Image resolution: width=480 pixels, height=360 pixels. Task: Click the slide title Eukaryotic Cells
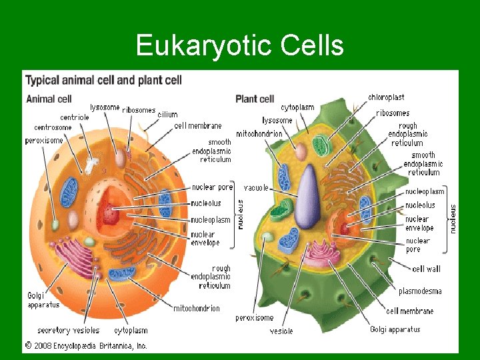tap(239, 46)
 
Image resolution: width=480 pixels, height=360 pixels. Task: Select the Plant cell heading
tap(255, 99)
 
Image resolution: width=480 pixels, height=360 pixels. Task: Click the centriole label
tap(74, 117)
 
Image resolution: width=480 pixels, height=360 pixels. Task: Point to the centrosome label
tap(53, 127)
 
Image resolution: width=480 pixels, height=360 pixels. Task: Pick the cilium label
tap(167, 115)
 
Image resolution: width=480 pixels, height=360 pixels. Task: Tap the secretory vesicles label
tap(68, 330)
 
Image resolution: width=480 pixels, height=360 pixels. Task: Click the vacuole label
tap(256, 187)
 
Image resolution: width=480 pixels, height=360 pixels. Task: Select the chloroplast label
tap(386, 97)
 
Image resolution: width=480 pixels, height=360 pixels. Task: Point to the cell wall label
tap(427, 269)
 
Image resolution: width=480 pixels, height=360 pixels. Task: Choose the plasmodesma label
tap(420, 291)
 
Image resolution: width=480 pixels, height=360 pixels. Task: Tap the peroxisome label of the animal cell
tap(44, 141)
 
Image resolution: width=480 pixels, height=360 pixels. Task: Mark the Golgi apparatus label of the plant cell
tap(395, 329)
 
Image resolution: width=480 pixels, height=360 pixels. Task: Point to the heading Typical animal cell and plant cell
tap(103, 81)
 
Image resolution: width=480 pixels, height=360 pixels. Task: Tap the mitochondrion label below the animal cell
tap(197, 309)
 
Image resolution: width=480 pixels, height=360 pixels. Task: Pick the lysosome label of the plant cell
tap(277, 121)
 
